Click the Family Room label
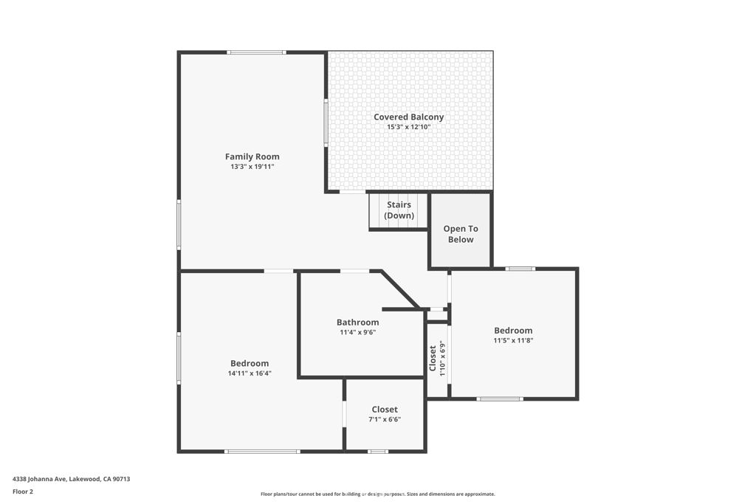click(252, 156)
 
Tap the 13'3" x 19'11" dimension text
click(252, 167)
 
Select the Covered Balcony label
click(408, 117)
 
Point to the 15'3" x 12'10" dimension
click(408, 127)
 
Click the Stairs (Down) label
click(398, 210)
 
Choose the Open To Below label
click(460, 234)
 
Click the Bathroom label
click(357, 322)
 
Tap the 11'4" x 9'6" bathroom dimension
click(357, 332)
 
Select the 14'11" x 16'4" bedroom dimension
click(250, 373)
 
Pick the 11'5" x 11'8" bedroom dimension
click(513, 340)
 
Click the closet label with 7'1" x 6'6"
click(385, 410)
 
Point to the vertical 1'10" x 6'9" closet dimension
click(441, 358)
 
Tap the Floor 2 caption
click(23, 491)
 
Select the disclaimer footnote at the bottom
click(377, 494)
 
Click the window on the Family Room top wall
click(256, 52)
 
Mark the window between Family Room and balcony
click(326, 122)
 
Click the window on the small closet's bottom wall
click(377, 451)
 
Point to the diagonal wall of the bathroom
click(400, 289)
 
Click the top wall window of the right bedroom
click(520, 269)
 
